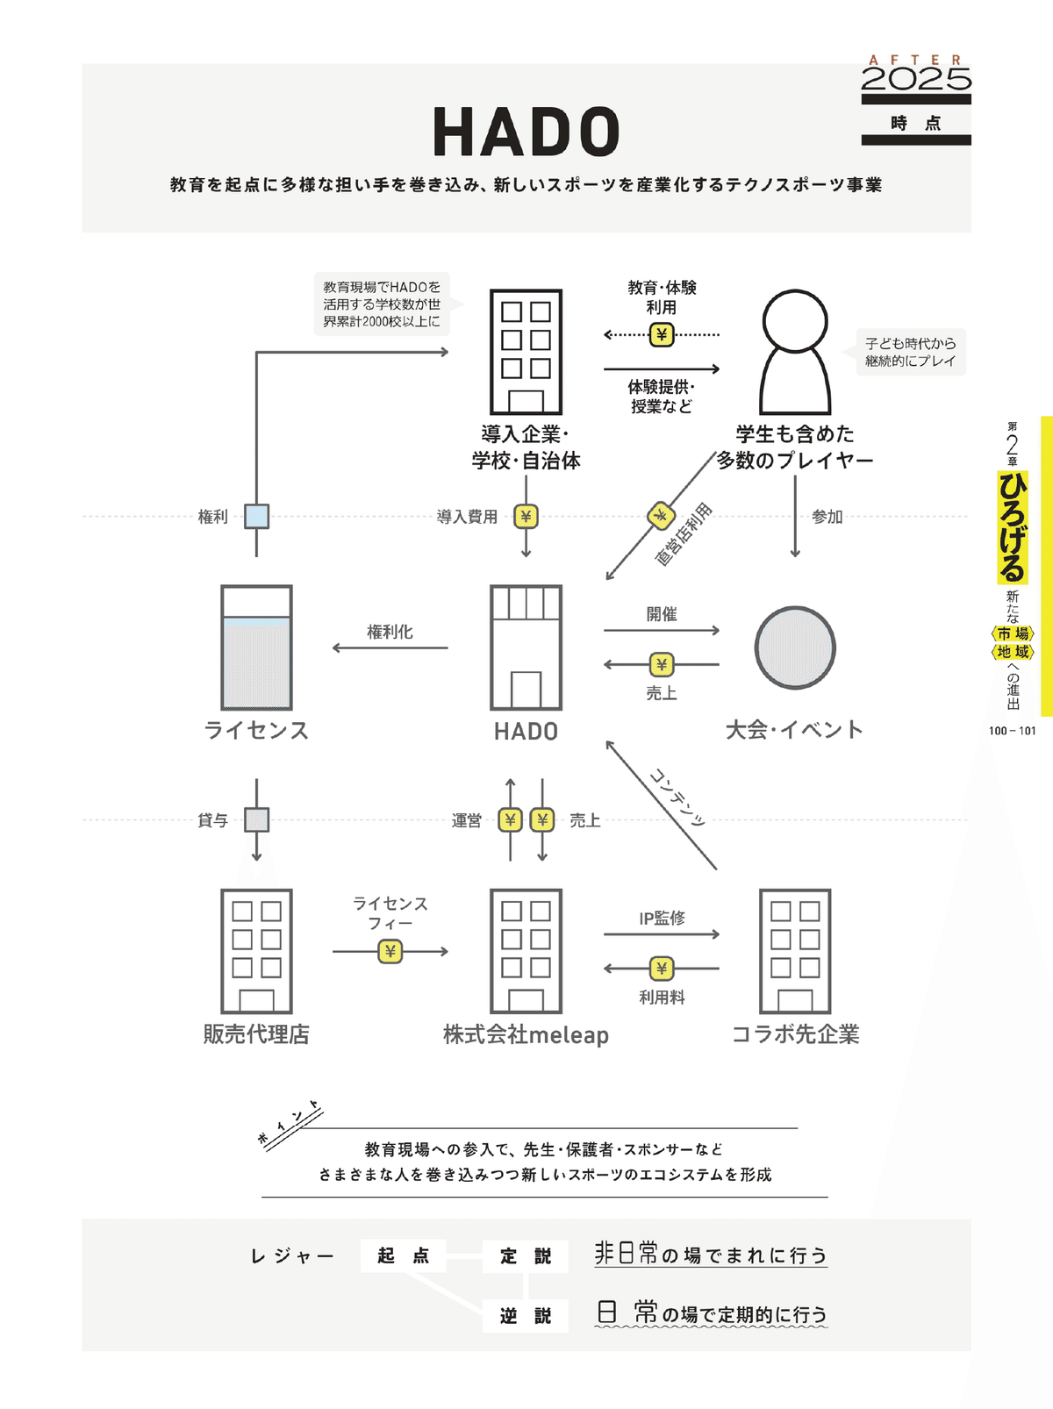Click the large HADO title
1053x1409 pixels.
coord(526,132)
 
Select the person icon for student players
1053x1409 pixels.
coord(795,353)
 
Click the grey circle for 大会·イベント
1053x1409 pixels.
coord(795,647)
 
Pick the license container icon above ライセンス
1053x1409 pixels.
coord(256,647)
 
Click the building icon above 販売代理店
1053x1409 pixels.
coord(256,952)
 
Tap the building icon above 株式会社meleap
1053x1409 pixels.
coord(526,952)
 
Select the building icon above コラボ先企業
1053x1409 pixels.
coord(795,952)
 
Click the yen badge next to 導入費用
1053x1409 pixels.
coord(526,517)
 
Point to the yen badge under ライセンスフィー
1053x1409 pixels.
coord(390,951)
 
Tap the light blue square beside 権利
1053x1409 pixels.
coord(256,516)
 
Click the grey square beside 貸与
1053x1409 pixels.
coord(256,819)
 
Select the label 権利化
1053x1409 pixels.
coord(390,632)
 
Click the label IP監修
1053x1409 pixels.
coord(662,918)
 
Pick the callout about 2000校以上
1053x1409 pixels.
coord(383,304)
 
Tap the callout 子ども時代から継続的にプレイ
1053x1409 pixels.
coord(911,353)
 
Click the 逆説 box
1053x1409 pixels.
coord(526,1316)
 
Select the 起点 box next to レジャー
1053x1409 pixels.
coord(404,1255)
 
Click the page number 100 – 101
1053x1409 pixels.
coord(1012,731)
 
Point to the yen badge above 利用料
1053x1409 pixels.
coord(662,969)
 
